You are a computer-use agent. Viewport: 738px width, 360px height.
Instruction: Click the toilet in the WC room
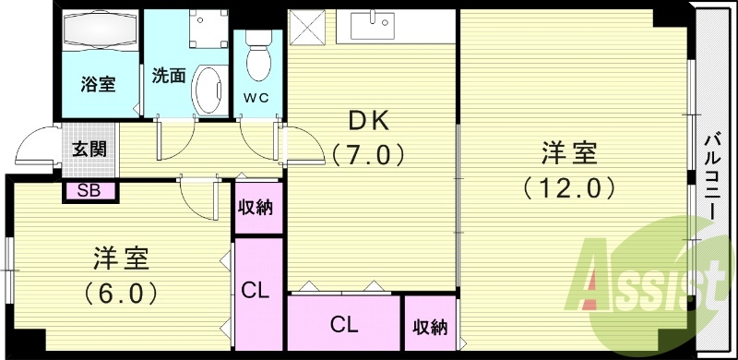(258, 55)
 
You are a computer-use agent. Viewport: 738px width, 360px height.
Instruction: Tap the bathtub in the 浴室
(101, 30)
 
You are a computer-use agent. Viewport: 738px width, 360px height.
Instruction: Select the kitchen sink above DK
(373, 25)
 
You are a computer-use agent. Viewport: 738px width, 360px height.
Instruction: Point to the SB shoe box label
(89, 191)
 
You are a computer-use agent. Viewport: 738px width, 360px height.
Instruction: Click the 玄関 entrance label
(89, 149)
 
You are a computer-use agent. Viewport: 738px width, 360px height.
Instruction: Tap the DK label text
(369, 123)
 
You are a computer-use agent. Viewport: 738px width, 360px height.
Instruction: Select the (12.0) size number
(569, 188)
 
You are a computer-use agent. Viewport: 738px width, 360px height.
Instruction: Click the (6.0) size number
(121, 294)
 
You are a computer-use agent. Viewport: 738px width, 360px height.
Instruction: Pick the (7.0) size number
(368, 154)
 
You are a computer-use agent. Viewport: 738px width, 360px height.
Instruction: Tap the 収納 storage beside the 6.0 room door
(259, 208)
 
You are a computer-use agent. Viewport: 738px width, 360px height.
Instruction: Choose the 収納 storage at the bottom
(430, 323)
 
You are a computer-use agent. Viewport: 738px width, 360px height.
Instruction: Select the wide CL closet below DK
(343, 323)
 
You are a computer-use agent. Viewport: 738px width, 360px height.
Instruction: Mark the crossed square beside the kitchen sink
(307, 28)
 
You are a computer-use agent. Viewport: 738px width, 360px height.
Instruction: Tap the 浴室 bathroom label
(98, 85)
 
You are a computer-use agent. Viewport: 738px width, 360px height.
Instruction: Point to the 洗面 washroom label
(169, 76)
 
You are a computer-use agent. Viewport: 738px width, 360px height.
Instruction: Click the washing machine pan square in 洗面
(208, 29)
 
